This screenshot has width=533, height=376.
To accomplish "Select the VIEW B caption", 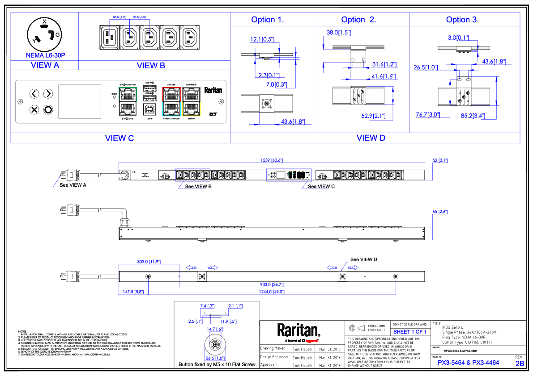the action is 151,65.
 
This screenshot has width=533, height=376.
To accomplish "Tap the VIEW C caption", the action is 119,138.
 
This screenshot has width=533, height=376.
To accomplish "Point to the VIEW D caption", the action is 371,138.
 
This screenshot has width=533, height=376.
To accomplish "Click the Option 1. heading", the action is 268,20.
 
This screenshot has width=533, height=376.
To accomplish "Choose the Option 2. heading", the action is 358,20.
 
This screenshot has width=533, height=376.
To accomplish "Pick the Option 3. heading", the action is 462,20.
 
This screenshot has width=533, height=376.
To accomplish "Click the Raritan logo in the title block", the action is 298,331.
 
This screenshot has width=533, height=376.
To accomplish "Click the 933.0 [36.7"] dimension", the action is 272,284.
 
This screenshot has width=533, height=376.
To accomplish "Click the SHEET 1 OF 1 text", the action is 410,332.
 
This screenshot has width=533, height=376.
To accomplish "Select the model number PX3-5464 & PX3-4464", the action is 469,363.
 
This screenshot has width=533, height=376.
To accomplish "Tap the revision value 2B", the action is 520,363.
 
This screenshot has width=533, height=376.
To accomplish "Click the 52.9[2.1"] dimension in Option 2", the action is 373,116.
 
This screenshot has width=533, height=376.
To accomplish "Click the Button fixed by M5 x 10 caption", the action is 217,364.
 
